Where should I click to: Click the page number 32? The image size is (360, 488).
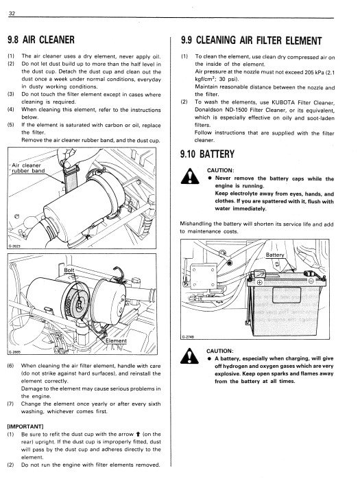tap(12, 13)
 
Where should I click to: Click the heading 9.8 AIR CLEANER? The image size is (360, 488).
tap(41, 40)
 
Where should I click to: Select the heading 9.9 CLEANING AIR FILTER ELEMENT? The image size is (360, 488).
tap(251, 40)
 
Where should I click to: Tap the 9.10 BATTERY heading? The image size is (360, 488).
tap(207, 154)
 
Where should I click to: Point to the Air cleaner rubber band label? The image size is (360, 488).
tap(27, 168)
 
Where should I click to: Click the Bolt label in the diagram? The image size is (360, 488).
tap(69, 270)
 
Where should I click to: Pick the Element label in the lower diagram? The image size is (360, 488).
tap(116, 341)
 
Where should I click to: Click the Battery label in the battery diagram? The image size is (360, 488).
tap(275, 255)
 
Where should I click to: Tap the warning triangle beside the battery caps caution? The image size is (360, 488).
tap(190, 176)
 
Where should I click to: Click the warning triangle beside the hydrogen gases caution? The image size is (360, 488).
tap(189, 356)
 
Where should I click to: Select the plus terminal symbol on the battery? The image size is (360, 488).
tap(259, 282)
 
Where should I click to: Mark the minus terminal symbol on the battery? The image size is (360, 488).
tap(311, 281)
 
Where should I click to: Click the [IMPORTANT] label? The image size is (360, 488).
tap(25, 426)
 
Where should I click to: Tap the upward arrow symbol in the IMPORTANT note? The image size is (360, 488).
tap(137, 434)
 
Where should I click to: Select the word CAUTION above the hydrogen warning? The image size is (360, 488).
tap(220, 351)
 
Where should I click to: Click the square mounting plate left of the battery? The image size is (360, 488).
tap(204, 276)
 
